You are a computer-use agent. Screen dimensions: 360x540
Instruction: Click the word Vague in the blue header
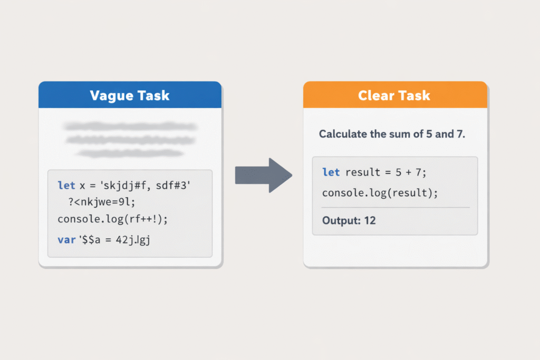click(109, 95)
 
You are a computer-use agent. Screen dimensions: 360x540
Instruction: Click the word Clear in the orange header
click(374, 95)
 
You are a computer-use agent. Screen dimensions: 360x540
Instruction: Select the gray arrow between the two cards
click(263, 174)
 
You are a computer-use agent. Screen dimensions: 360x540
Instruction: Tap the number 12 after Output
click(370, 220)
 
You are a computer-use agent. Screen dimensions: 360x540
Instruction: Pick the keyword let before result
click(331, 173)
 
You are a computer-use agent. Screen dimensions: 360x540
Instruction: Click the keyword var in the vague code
click(66, 240)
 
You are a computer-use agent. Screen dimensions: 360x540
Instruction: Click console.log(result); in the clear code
click(380, 193)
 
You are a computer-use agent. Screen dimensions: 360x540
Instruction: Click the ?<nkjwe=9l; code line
click(103, 202)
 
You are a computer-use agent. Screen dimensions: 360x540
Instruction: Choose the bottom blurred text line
click(130, 153)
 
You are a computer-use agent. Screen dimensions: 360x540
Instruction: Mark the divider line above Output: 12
click(395, 207)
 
